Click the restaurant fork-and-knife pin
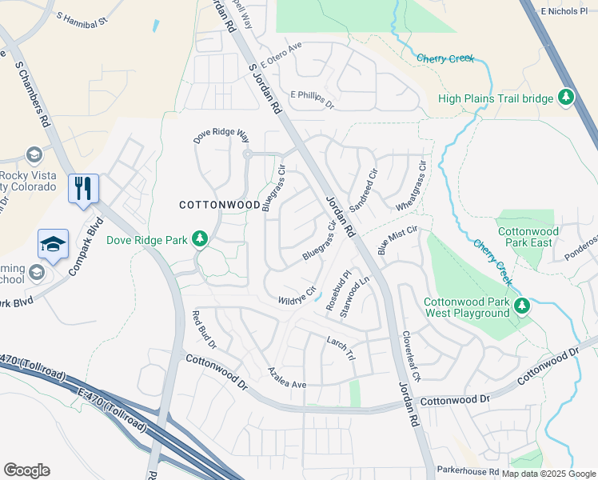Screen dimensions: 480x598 [83, 189]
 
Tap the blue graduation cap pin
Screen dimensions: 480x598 [53, 244]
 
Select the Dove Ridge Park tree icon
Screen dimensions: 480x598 [199, 239]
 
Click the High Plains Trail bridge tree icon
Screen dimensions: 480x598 [566, 98]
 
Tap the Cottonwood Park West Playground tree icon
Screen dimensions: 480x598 [521, 305]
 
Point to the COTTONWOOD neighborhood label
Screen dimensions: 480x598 [219, 205]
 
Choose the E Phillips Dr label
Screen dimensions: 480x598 [312, 98]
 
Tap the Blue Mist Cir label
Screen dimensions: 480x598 [398, 239]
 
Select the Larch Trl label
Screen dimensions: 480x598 [340, 346]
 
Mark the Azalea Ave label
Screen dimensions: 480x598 [287, 379]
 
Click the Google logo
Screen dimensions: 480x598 [26, 470]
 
